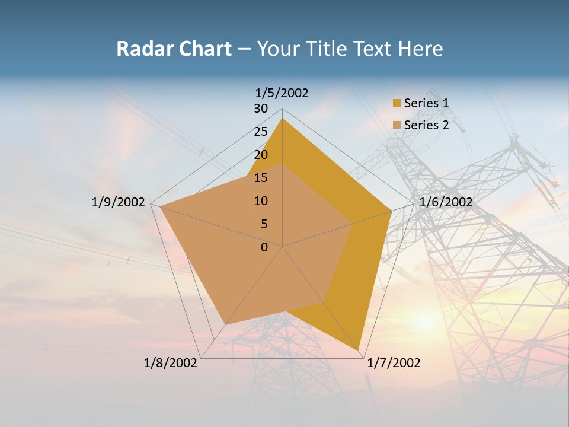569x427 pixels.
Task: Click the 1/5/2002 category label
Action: point(282,93)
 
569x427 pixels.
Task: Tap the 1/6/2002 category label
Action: point(446,202)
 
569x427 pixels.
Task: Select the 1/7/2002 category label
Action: point(394,363)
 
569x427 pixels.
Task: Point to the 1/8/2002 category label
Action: point(171,363)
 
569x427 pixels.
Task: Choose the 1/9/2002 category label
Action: point(119,202)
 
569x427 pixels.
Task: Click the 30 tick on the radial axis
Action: point(261,109)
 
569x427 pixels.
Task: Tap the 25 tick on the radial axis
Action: point(261,132)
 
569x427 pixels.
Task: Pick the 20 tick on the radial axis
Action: point(261,155)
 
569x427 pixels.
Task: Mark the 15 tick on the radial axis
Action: point(261,178)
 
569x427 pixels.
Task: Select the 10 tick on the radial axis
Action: point(261,201)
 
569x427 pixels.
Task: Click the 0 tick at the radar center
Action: point(264,247)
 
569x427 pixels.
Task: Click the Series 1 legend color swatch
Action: point(397,103)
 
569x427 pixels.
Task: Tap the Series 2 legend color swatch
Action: point(397,125)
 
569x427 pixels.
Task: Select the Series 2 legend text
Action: point(426,125)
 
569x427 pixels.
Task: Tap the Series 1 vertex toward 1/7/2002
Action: point(359,350)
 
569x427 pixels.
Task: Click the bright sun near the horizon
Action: point(424,321)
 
